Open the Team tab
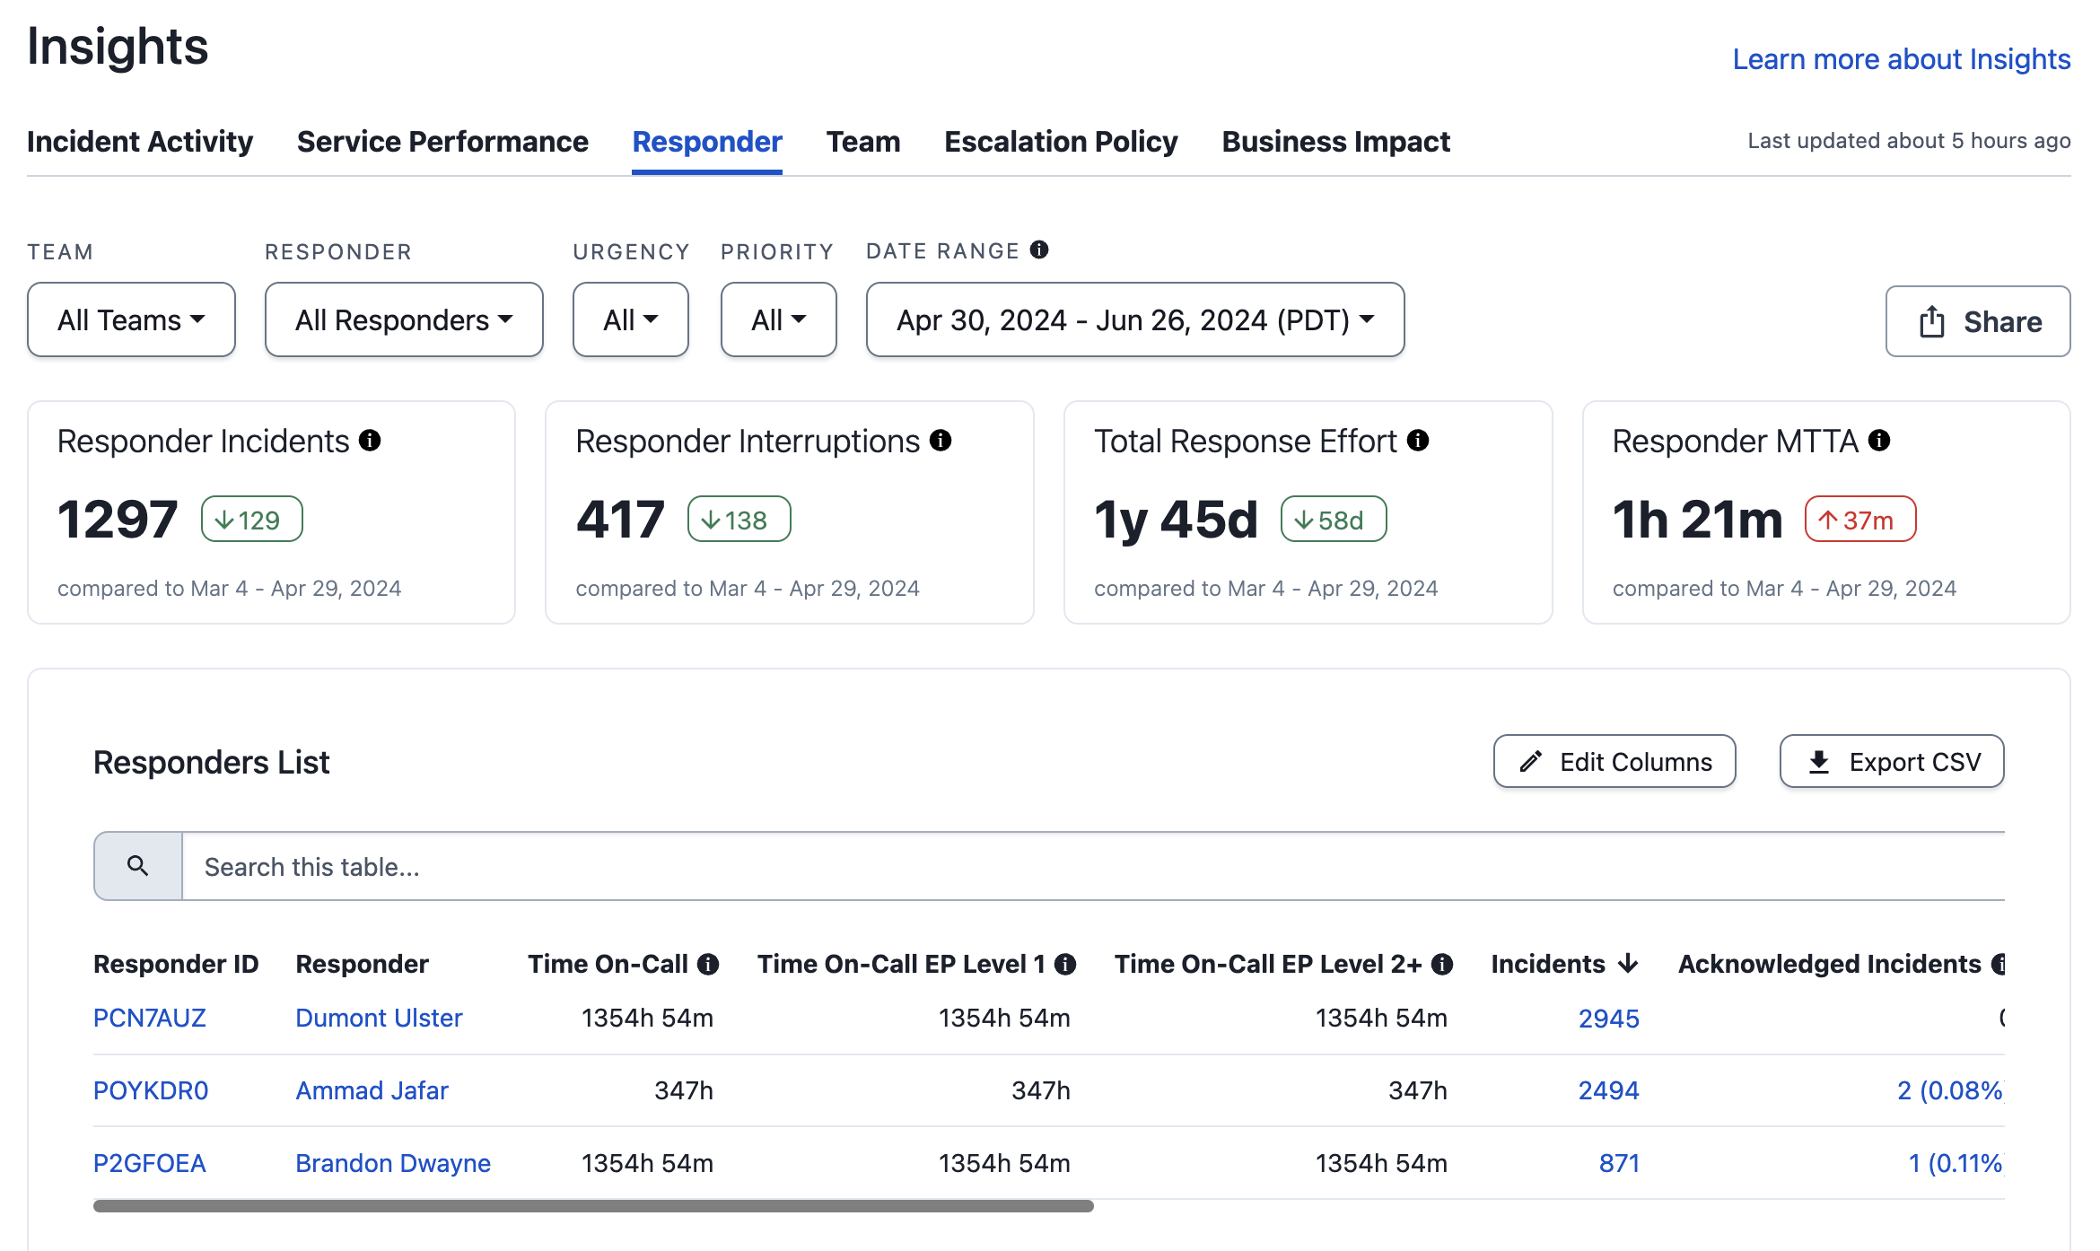pyautogui.click(x=862, y=142)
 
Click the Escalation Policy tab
pyautogui.click(x=1061, y=142)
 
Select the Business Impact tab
pyautogui.click(x=1335, y=142)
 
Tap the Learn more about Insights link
pyautogui.click(x=1901, y=59)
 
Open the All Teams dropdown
pyautogui.click(x=131, y=319)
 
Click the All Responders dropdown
pyautogui.click(x=404, y=319)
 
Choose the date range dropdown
pyautogui.click(x=1135, y=319)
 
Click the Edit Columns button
pyautogui.click(x=1614, y=762)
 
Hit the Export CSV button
pyautogui.click(x=1892, y=762)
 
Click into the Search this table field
pyautogui.click(x=1093, y=867)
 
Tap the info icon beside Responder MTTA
pyautogui.click(x=1879, y=441)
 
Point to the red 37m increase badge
pyautogui.click(x=1860, y=520)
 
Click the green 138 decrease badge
pyautogui.click(x=739, y=520)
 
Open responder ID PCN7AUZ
pyautogui.click(x=150, y=1018)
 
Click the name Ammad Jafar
pyautogui.click(x=372, y=1090)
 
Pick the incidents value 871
pyautogui.click(x=1619, y=1163)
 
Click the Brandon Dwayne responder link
pyautogui.click(x=393, y=1163)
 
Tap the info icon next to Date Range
pyautogui.click(x=1039, y=249)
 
